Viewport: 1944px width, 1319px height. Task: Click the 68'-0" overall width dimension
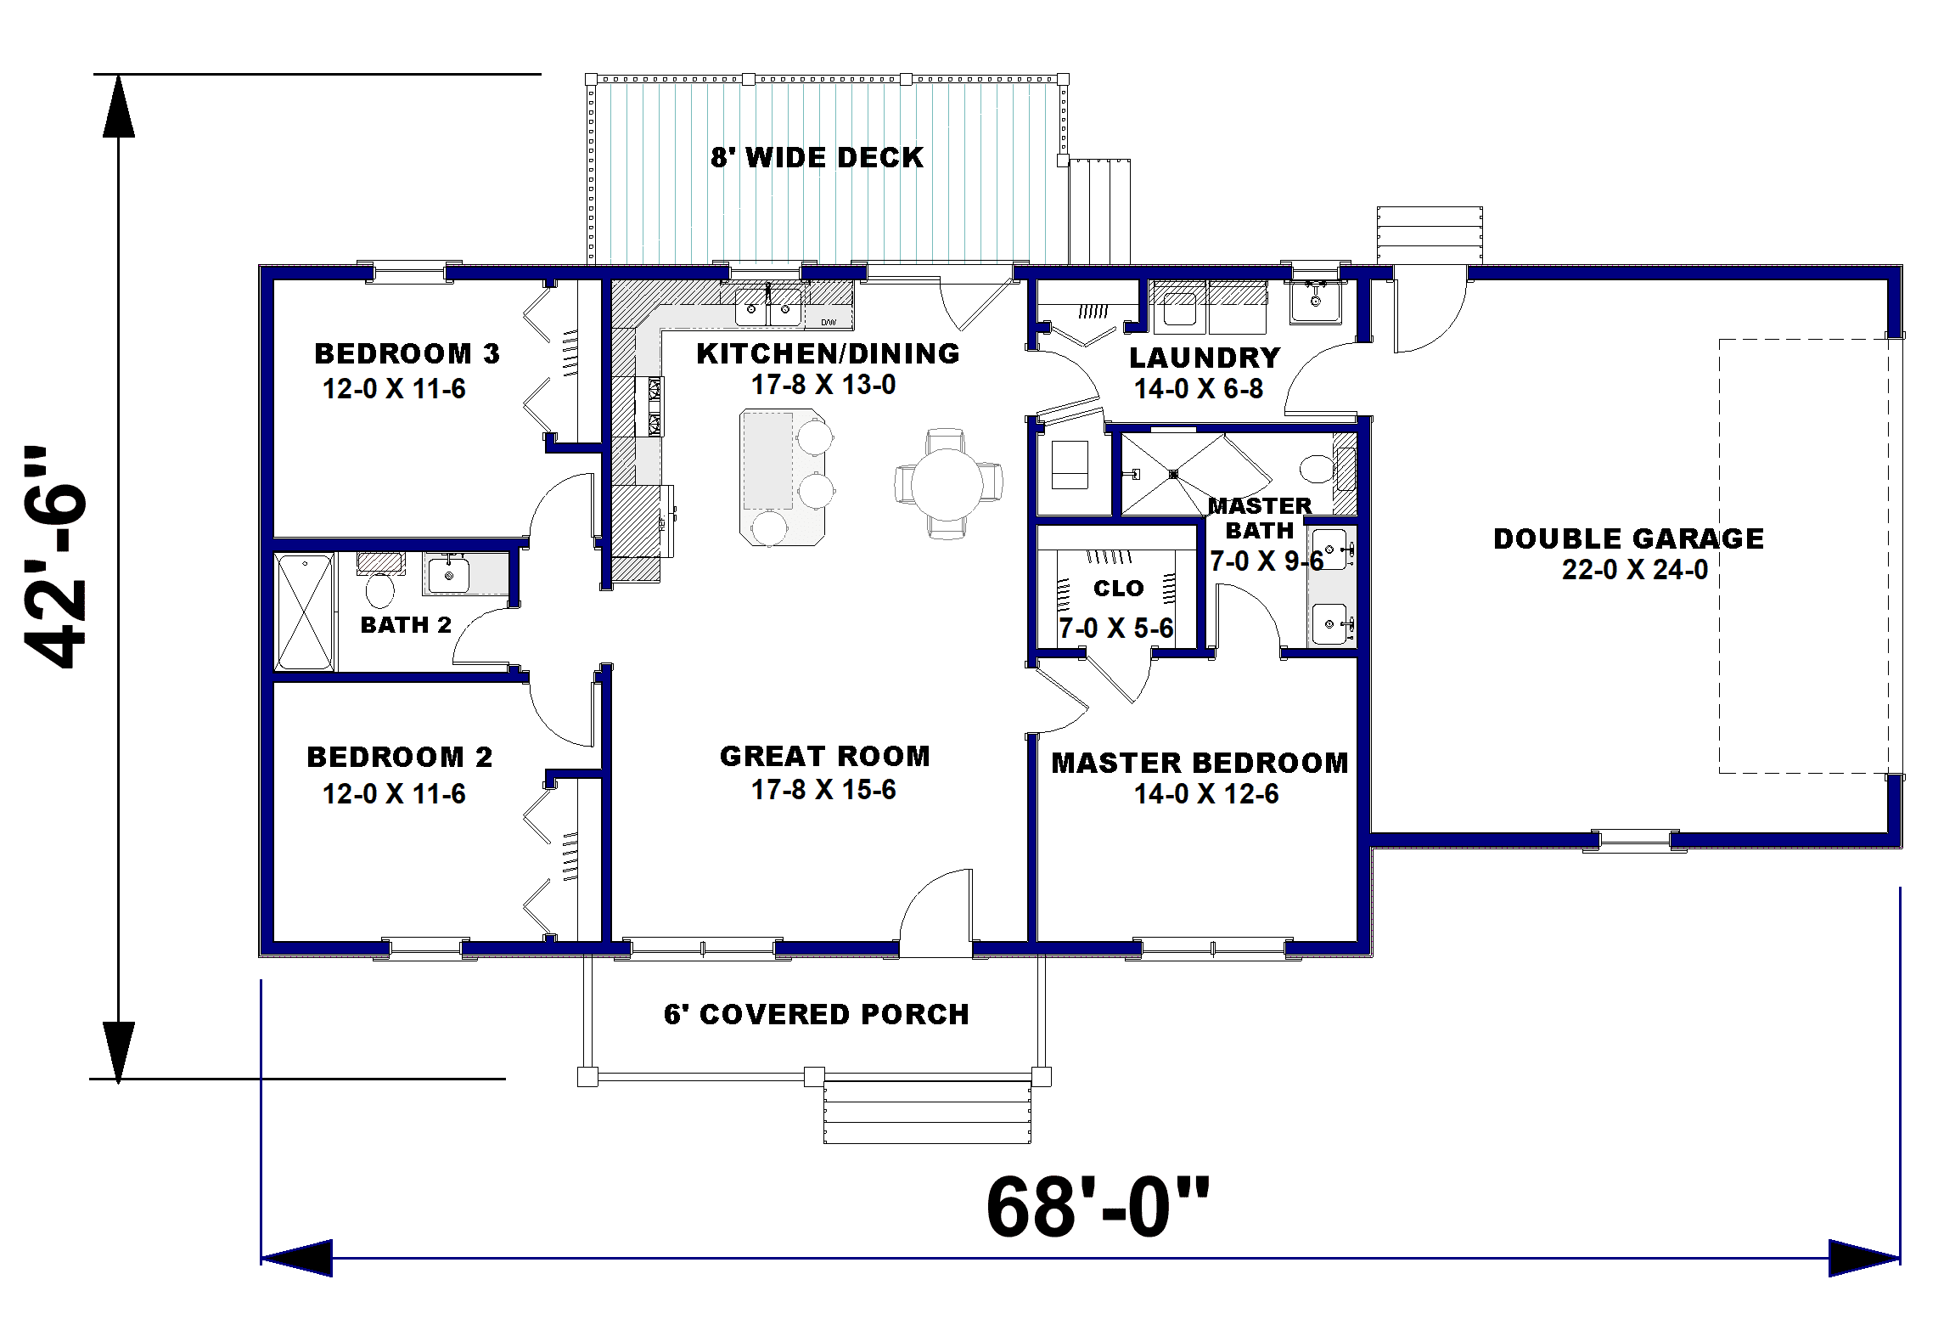coord(1098,1209)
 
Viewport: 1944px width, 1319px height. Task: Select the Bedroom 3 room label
coord(407,353)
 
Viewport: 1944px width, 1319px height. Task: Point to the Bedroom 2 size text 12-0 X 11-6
coord(394,794)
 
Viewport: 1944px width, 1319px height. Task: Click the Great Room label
coord(824,756)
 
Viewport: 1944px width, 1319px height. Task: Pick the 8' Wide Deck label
coord(817,157)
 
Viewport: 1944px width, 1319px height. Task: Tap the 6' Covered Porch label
coord(816,1014)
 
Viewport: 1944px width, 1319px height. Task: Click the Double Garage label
coord(1628,538)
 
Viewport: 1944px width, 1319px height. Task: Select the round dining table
coord(947,482)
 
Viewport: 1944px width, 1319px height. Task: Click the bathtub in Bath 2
coord(304,612)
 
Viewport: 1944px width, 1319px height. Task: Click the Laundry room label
coord(1205,358)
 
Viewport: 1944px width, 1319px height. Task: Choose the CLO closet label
coord(1119,588)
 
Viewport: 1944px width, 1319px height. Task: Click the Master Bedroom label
coord(1200,763)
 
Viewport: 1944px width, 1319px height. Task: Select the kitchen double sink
coord(768,306)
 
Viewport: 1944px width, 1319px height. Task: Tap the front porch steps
coord(929,1112)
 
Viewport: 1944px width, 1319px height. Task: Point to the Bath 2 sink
coord(447,574)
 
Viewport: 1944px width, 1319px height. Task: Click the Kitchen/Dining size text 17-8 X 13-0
coord(823,385)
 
